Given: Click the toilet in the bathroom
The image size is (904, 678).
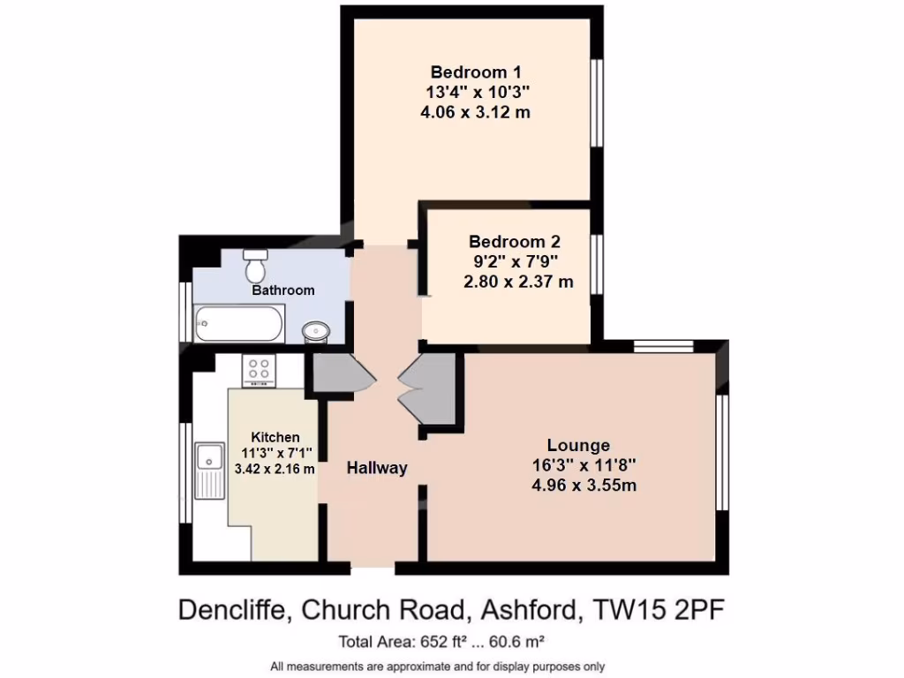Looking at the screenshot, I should [x=256, y=263].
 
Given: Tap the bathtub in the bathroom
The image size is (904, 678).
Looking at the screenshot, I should [x=239, y=324].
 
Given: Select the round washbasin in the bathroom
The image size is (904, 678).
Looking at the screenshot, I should [x=315, y=331].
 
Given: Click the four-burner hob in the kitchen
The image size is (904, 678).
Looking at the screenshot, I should [x=260, y=370].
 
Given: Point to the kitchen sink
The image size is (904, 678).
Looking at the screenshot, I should [x=209, y=459].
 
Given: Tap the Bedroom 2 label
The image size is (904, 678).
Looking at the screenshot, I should [x=515, y=241].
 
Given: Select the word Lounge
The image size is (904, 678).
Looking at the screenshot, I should [x=578, y=445].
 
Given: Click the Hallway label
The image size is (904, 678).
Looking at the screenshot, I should [x=377, y=468].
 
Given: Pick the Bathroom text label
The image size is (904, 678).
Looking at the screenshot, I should [x=283, y=290].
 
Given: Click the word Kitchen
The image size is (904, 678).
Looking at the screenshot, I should [x=275, y=437].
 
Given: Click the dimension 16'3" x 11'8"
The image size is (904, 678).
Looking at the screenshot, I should [x=584, y=465].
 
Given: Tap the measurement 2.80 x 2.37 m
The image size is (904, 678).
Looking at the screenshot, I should [x=518, y=282].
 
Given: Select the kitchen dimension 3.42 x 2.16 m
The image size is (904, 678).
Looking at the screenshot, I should [x=275, y=469].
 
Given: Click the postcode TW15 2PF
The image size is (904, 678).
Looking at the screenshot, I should [x=661, y=609].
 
